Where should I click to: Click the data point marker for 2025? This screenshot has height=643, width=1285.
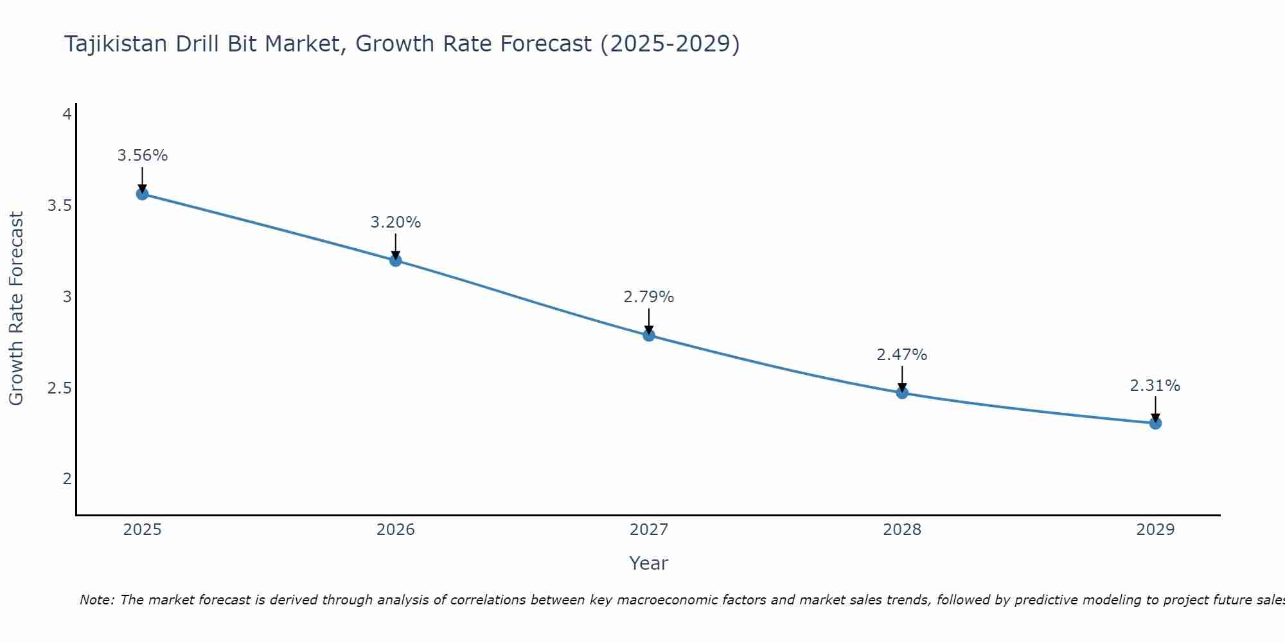142,194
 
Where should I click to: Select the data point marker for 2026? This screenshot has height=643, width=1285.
395,260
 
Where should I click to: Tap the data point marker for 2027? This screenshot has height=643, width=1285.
648,335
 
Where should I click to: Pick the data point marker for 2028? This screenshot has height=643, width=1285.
901,393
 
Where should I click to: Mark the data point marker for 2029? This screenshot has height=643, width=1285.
1155,423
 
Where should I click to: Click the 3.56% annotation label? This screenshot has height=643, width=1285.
142,156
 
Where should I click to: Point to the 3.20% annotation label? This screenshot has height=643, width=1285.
395,222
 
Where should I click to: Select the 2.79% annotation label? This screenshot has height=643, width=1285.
648,297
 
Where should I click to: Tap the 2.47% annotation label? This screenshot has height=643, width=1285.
901,355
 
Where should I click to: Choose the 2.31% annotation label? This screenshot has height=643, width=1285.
1155,386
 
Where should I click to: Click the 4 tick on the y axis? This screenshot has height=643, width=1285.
66,114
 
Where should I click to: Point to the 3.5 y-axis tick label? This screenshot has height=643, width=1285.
59,206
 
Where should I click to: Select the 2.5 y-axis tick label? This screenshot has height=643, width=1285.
59,388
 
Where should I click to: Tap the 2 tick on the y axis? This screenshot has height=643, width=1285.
66,478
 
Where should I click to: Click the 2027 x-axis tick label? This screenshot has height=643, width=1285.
648,530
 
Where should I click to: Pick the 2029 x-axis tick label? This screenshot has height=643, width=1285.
1155,530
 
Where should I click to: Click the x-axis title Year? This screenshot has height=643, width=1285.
648,563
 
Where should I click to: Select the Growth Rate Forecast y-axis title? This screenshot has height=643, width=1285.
16,309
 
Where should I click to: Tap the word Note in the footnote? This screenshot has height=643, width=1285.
96,600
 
